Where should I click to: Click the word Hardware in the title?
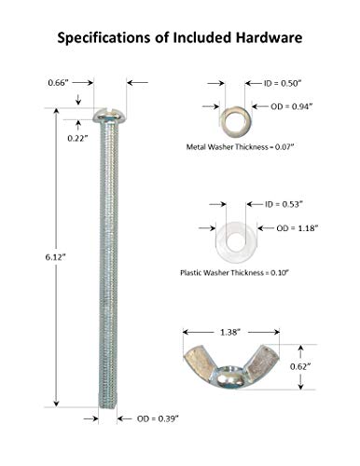269,37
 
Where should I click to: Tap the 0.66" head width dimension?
58,83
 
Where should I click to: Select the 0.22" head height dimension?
76,138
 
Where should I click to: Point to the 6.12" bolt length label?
56,257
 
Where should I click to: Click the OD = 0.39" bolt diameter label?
158,418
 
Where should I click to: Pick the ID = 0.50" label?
283,83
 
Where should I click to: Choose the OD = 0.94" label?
291,106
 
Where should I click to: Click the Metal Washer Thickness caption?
240,146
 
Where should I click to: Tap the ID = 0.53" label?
284,204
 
